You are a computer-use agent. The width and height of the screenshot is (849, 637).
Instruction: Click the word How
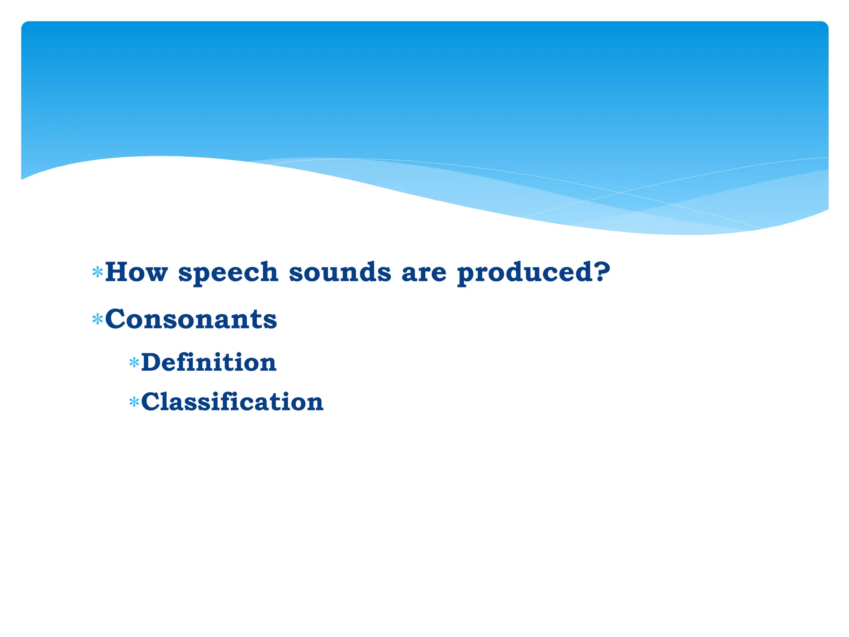click(x=136, y=272)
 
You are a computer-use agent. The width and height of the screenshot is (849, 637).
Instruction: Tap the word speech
click(x=228, y=273)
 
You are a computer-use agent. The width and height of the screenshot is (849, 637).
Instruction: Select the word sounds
click(x=340, y=272)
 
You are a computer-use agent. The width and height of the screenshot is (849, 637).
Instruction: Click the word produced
click(x=524, y=273)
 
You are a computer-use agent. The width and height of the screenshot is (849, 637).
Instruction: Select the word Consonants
click(x=191, y=319)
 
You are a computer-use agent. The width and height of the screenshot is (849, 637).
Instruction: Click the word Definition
click(x=209, y=362)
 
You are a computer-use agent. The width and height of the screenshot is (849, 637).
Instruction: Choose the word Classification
click(x=232, y=402)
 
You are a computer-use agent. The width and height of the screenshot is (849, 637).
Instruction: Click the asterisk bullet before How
click(x=97, y=272)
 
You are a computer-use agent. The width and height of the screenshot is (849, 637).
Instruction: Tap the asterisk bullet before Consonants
click(x=97, y=320)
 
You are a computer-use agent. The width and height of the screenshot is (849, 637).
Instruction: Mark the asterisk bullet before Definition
click(x=133, y=363)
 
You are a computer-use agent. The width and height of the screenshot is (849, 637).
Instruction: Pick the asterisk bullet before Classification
click(x=133, y=402)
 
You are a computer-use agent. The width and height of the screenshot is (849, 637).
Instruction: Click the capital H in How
click(x=116, y=272)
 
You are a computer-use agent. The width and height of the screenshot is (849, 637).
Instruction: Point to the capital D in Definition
click(x=151, y=362)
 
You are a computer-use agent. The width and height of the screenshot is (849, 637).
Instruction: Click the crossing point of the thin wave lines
click(x=621, y=192)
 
